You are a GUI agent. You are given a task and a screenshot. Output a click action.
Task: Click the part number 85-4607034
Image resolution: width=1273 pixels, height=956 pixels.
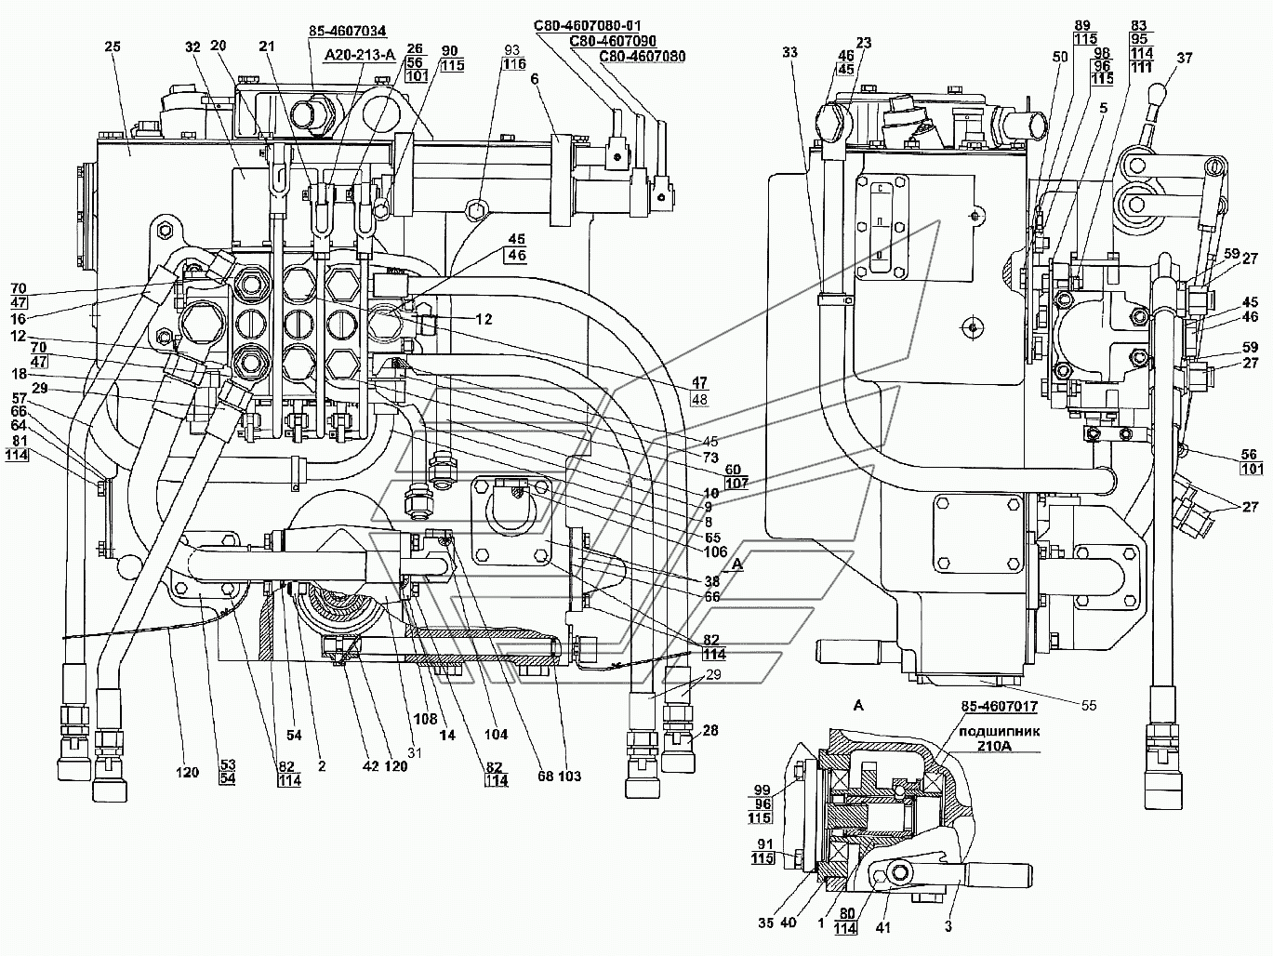coord(347,31)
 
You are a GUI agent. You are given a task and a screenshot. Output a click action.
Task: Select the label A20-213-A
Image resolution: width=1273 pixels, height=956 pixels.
coord(359,55)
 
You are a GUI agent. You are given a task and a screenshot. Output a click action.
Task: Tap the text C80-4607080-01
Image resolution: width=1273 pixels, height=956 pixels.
coord(588,26)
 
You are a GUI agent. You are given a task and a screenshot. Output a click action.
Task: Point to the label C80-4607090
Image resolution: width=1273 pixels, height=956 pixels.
coord(613,41)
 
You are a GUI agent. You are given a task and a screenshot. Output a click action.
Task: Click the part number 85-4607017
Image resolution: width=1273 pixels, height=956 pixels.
coord(1000,706)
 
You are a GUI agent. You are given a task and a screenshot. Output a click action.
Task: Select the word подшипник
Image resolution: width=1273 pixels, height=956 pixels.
coord(1000,732)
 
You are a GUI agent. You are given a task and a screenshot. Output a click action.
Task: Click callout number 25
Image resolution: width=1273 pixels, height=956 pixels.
coord(113,46)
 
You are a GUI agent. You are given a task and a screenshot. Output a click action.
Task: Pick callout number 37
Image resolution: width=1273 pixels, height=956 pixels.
coord(1185,58)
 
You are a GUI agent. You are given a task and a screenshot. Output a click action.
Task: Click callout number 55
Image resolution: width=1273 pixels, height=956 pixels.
coord(1089,705)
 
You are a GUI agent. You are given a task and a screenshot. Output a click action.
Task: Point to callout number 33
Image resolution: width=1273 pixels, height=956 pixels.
coord(789,52)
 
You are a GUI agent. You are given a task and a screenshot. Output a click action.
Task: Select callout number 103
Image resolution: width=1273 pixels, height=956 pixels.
coord(569,777)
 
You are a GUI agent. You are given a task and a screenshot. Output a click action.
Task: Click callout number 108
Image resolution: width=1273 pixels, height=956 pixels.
coord(425,720)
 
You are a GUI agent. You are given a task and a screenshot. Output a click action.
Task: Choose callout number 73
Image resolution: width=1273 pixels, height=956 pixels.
coord(710,457)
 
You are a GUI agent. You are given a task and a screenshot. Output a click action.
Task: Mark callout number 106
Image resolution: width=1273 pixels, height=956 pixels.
coord(715,551)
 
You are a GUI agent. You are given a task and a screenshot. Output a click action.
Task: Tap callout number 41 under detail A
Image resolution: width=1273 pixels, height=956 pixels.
coord(882,928)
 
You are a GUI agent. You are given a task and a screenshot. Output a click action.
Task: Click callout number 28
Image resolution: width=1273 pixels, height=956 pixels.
coord(711,730)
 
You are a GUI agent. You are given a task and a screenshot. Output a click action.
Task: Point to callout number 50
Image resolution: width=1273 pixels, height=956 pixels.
coord(1059,57)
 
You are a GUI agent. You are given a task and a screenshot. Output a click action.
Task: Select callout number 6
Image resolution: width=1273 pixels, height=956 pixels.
coord(535,79)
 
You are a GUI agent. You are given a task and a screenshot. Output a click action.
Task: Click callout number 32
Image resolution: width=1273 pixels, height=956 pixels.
coord(192,46)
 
